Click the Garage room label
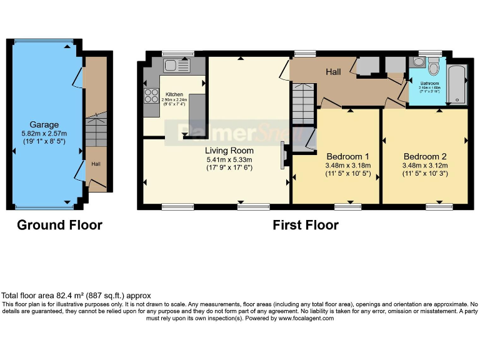(44, 124)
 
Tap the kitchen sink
(177, 65)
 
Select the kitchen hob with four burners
(152, 96)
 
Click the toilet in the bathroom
(435, 64)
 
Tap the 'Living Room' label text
(229, 151)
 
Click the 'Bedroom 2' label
(425, 156)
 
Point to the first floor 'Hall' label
(333, 72)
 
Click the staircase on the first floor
(301, 104)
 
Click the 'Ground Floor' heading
(59, 225)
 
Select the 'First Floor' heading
(306, 225)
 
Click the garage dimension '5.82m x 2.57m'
(44, 133)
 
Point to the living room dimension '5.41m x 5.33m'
(229, 159)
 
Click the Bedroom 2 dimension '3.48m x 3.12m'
(425, 165)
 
